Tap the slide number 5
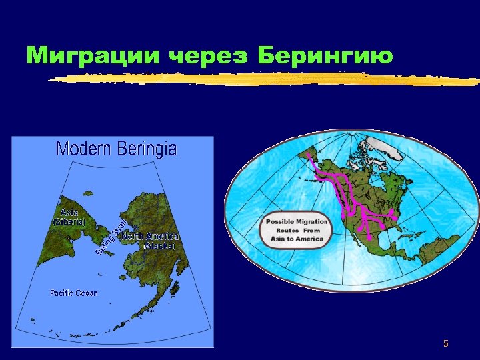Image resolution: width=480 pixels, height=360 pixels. tap(446, 344)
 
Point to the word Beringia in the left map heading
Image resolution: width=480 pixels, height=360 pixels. tap(147, 149)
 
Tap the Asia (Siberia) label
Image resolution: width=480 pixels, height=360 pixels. tap(69, 217)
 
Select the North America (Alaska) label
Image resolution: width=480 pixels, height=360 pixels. tap(151, 241)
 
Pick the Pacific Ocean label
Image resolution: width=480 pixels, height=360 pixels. tap(73, 293)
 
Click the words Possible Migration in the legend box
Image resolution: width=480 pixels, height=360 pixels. tap(297, 222)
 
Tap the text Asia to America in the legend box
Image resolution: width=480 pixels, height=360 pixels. tap(297, 239)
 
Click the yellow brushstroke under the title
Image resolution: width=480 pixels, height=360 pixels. tap(267, 79)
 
